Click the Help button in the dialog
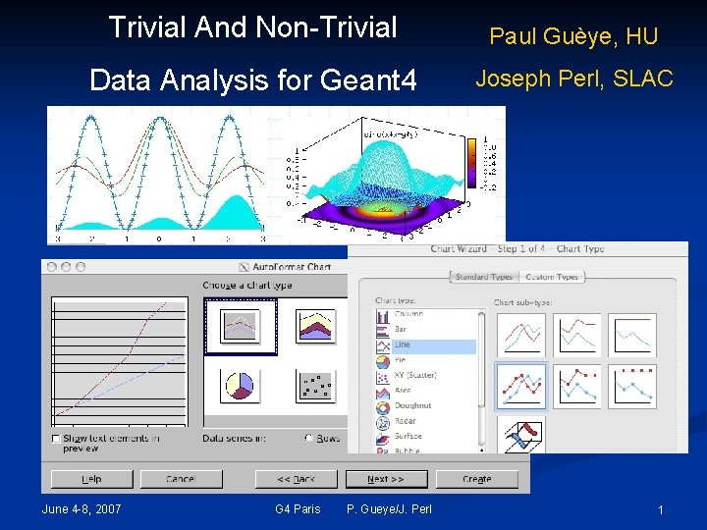[x=91, y=479]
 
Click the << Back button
[x=296, y=479]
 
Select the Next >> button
[x=384, y=479]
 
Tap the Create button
[x=476, y=479]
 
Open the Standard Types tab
[x=484, y=277]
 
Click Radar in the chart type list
[x=405, y=421]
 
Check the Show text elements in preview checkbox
[x=56, y=438]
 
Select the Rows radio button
[x=309, y=438]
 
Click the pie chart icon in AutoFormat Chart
[x=239, y=386]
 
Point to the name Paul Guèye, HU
[x=573, y=37]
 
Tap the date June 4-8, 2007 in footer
[x=82, y=508]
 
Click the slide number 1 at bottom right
[x=661, y=509]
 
